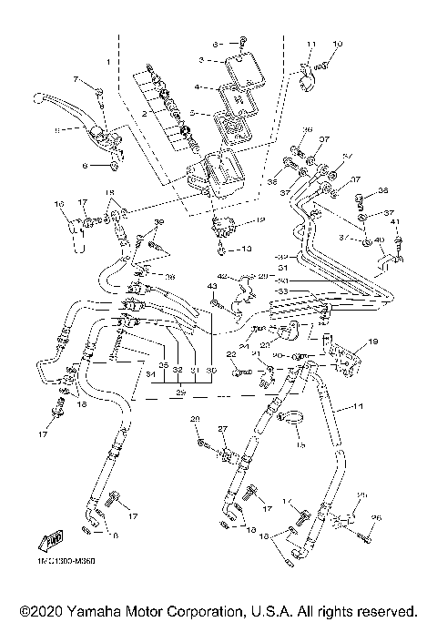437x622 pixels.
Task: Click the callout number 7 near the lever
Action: [x=77, y=80]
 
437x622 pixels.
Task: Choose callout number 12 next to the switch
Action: [x=261, y=219]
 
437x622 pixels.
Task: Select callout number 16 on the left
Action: [x=59, y=202]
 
